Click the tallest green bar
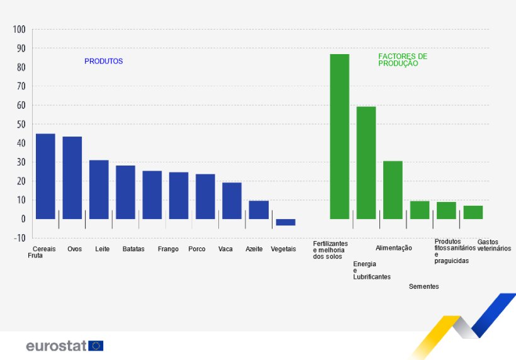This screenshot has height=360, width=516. (340, 137)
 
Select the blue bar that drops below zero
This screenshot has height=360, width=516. (285, 222)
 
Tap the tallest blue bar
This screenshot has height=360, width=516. (45, 176)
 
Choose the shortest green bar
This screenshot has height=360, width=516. (473, 212)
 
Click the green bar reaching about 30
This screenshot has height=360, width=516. (393, 190)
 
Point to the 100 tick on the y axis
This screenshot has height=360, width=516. (18, 30)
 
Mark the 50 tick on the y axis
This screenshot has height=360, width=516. (19, 125)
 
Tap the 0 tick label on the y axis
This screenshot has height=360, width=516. (22, 219)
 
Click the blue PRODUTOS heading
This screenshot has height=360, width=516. (103, 62)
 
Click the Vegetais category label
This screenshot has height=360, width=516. (283, 249)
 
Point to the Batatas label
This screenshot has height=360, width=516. (133, 249)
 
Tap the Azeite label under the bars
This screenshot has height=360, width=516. (254, 249)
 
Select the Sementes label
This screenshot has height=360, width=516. (423, 287)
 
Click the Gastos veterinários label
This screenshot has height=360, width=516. (494, 245)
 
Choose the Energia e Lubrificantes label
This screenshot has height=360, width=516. (372, 270)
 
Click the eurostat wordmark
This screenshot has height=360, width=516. (56, 346)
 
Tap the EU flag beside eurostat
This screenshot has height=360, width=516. (96, 346)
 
